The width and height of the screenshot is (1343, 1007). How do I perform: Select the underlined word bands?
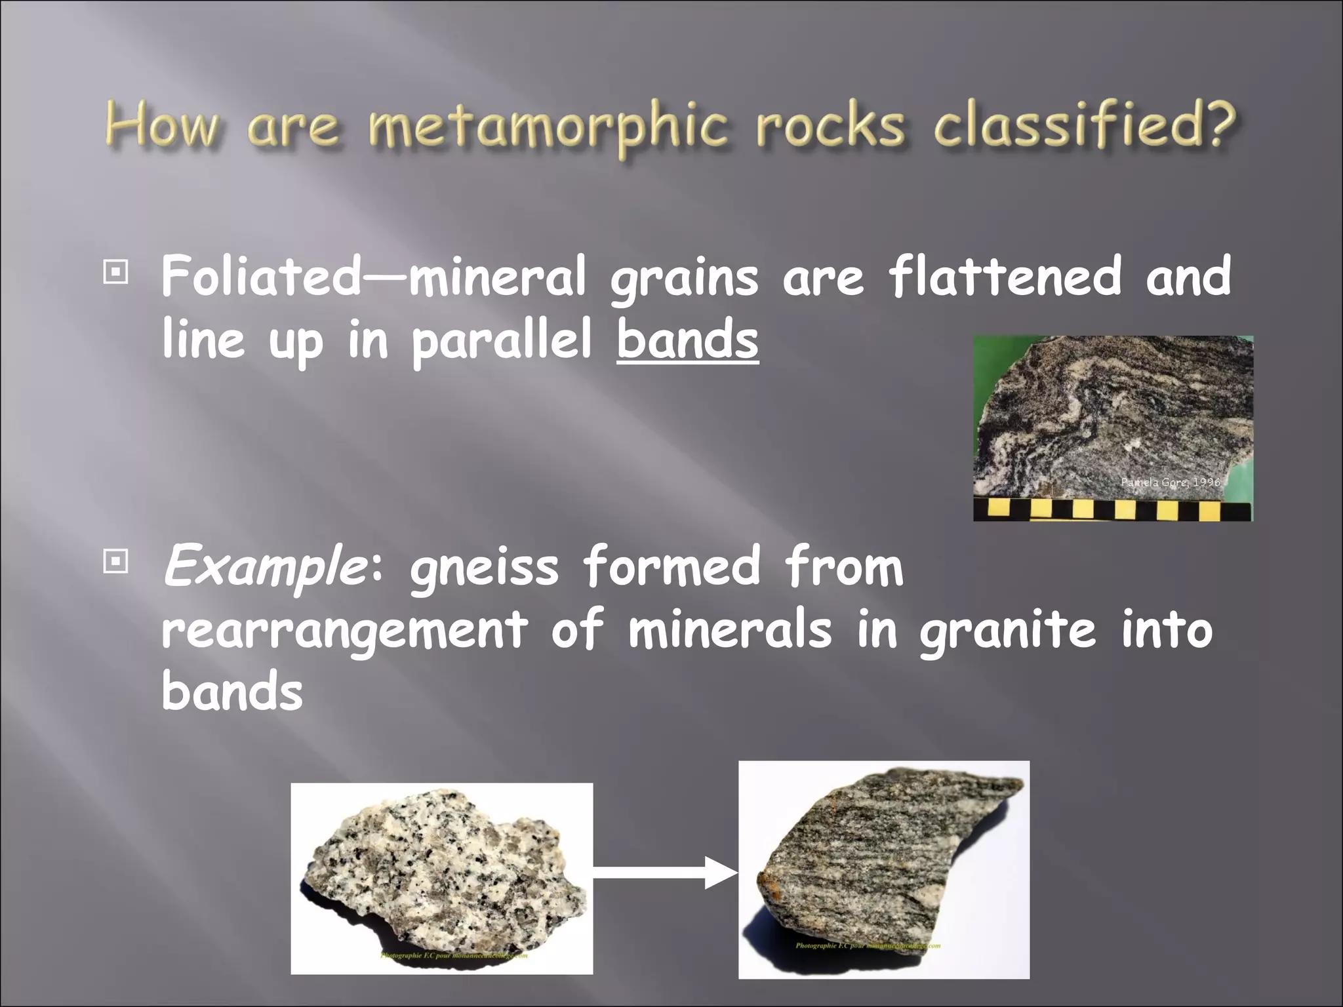coord(687,340)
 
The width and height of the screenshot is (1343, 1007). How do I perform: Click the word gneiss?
coord(484,568)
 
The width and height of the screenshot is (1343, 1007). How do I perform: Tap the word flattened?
coord(1005,276)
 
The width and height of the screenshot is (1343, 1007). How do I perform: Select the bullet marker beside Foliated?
coord(116,271)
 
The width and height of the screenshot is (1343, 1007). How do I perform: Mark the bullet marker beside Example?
coord(116,562)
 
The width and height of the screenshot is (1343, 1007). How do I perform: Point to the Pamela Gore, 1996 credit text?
coord(1170,483)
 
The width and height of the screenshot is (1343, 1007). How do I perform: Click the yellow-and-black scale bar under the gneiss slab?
coord(1112,509)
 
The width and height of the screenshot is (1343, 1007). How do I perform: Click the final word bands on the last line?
coord(232,692)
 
